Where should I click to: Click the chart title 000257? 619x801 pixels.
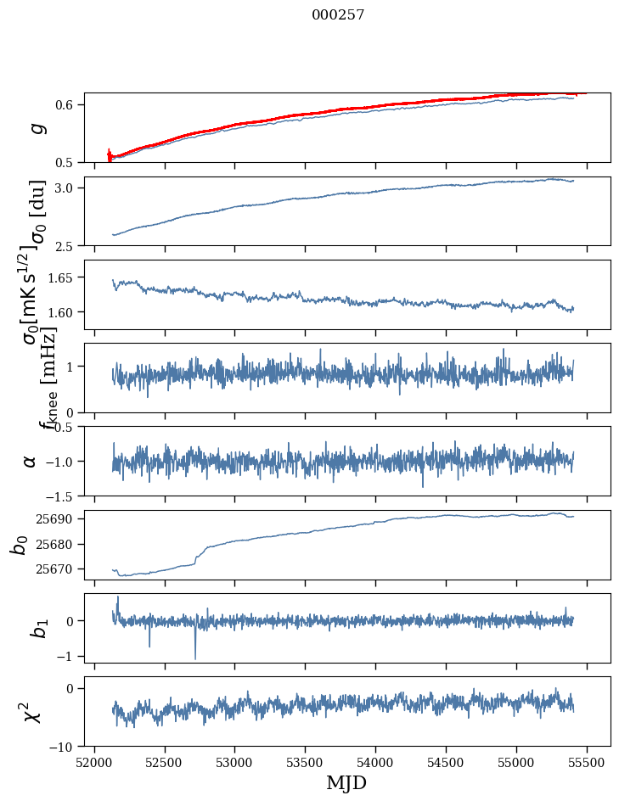pos(338,14)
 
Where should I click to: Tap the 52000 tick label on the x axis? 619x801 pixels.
pos(94,762)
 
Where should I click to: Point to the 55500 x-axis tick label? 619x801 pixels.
pos(587,762)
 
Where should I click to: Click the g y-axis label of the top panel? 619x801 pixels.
pos(36,128)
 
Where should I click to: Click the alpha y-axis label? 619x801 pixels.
pos(31,461)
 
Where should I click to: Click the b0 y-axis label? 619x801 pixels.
pos(19,544)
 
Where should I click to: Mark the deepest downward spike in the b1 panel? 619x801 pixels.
pos(195,658)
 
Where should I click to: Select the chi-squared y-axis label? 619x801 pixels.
pos(32,711)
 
